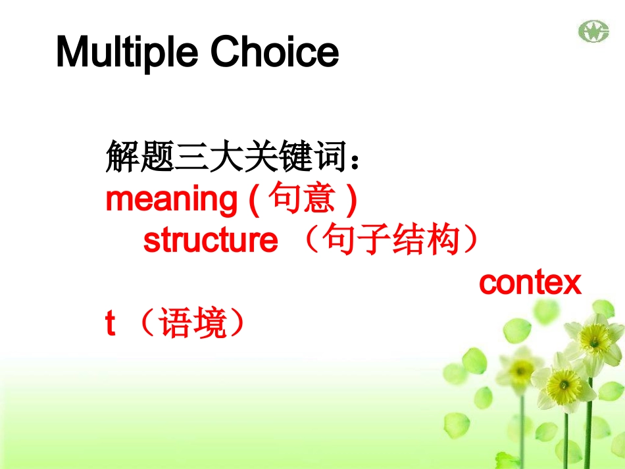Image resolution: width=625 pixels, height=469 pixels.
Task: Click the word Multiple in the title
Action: (x=127, y=52)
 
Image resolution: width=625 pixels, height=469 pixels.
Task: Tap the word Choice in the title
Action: (x=274, y=51)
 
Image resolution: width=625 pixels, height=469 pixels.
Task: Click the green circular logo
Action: (x=594, y=31)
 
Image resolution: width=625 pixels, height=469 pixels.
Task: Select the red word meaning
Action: (x=172, y=199)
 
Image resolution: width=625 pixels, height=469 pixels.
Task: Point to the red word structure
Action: (x=211, y=240)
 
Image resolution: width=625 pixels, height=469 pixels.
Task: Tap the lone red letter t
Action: (x=111, y=323)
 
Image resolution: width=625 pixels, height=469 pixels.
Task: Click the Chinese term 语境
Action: (x=193, y=322)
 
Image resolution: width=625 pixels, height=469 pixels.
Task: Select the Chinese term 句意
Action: (x=301, y=197)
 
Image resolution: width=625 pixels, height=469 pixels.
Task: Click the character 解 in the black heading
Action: (x=122, y=156)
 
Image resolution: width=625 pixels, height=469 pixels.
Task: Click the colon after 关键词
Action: (x=355, y=162)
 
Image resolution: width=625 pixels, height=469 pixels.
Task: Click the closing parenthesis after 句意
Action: (x=351, y=199)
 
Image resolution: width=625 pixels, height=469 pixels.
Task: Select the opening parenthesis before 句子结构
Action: (x=311, y=239)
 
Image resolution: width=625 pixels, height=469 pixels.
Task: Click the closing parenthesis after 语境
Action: (x=238, y=322)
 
